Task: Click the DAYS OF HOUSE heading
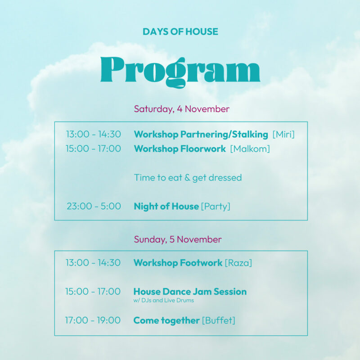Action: (180, 31)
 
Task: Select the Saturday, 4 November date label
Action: (182, 109)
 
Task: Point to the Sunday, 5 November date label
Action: (178, 239)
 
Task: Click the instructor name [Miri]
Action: (283, 134)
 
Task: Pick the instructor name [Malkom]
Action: (250, 149)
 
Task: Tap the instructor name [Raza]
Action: (238, 263)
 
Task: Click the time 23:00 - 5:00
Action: (94, 206)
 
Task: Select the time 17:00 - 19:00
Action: (93, 320)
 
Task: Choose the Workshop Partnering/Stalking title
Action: (201, 134)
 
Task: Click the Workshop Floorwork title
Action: (180, 149)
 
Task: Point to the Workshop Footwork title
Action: (178, 263)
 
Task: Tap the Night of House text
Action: (166, 207)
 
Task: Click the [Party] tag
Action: (216, 207)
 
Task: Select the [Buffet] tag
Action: (219, 320)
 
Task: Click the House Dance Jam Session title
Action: (190, 292)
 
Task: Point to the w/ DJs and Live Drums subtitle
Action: (164, 300)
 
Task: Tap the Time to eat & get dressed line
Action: (188, 178)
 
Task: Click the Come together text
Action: (166, 320)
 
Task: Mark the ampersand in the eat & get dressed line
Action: (187, 178)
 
